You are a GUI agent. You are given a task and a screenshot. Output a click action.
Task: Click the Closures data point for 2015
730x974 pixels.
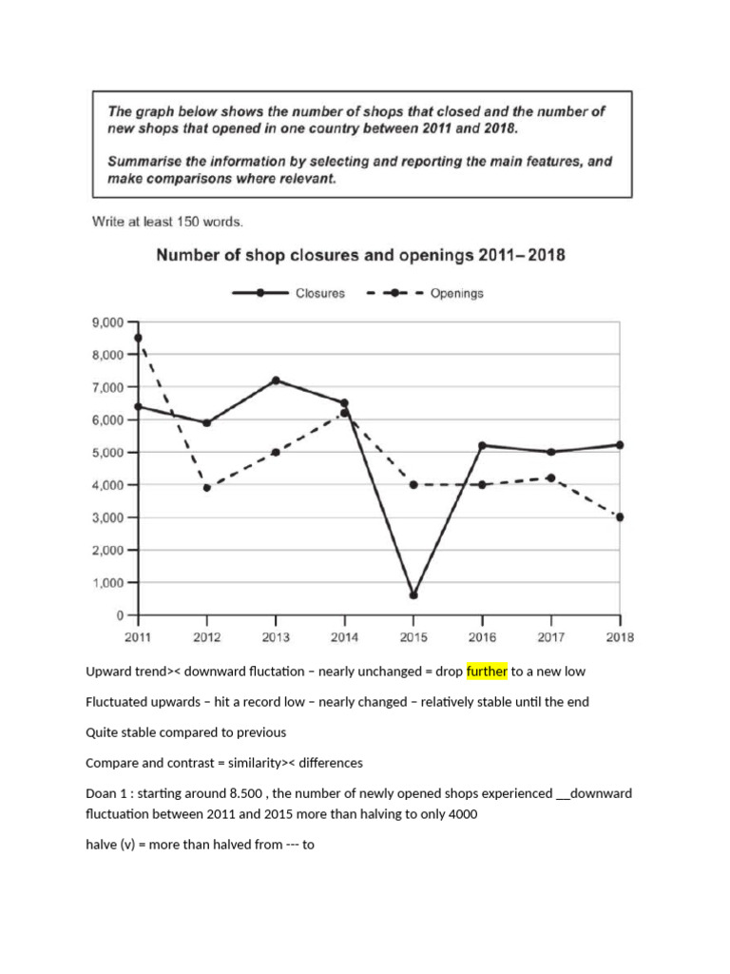413,595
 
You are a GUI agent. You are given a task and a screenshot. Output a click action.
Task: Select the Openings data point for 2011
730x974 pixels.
139,338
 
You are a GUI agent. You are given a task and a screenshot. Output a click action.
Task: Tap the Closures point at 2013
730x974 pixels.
276,380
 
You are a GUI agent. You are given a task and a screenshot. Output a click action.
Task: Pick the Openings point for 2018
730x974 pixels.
620,517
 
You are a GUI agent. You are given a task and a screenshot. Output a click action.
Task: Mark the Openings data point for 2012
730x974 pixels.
207,488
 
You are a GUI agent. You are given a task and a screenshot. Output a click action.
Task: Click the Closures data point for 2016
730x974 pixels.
482,445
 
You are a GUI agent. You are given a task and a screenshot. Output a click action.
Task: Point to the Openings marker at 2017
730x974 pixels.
551,478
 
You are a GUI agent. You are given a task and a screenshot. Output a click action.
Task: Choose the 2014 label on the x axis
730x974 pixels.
344,637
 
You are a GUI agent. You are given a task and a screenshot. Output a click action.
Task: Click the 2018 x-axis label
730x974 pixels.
619,637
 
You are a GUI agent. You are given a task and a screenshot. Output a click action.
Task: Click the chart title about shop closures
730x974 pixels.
360,255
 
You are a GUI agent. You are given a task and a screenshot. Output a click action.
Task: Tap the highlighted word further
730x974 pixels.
486,672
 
